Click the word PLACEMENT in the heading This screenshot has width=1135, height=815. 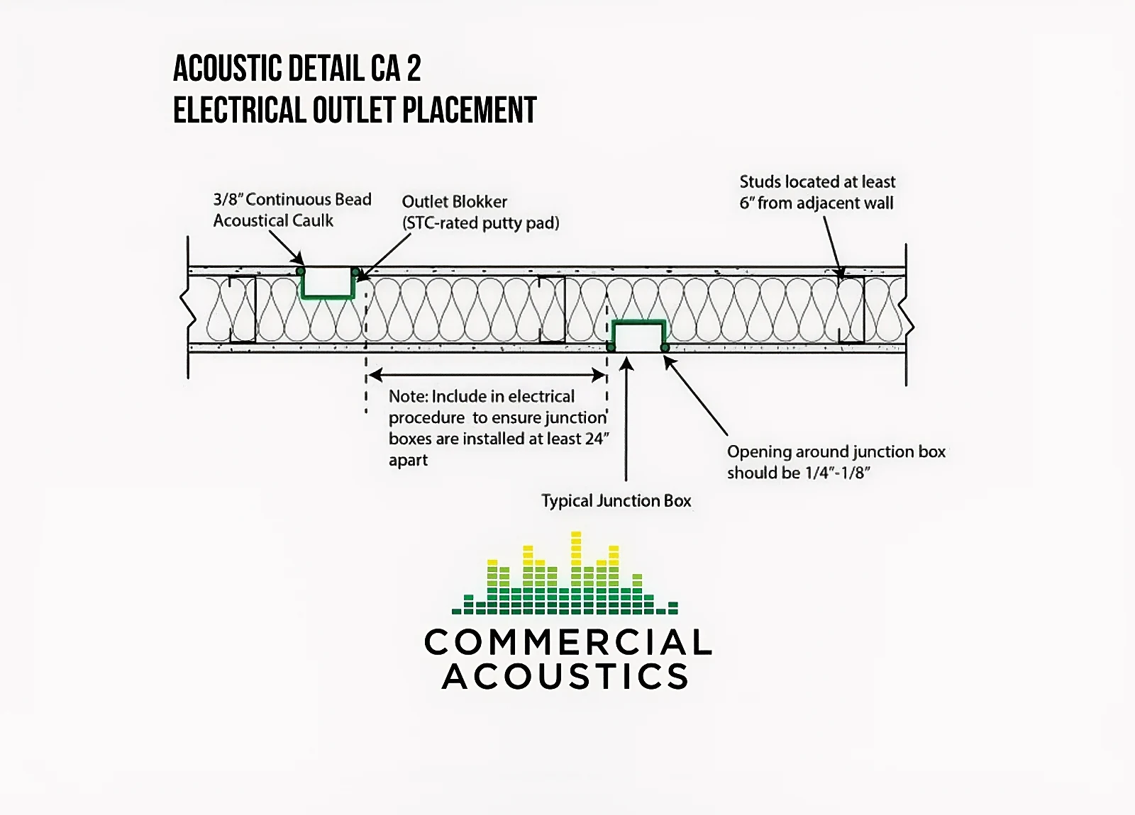[469, 111]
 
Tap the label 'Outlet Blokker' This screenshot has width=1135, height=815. [454, 202]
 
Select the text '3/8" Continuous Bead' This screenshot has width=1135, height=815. [292, 200]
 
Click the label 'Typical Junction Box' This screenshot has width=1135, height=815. [616, 501]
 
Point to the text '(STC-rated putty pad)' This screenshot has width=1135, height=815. [480, 223]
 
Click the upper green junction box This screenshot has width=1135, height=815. [327, 286]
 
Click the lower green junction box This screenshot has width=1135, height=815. [638, 335]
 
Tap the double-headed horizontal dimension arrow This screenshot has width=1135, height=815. [487, 375]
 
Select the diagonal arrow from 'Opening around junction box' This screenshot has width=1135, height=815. [697, 397]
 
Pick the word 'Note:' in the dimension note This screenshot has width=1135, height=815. [408, 397]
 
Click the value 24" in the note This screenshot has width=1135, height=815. [597, 439]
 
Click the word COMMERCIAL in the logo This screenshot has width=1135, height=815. [567, 643]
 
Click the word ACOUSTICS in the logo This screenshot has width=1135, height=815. [565, 677]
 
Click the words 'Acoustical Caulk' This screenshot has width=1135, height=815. [273, 221]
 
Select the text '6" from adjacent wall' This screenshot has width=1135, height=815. [816, 203]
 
